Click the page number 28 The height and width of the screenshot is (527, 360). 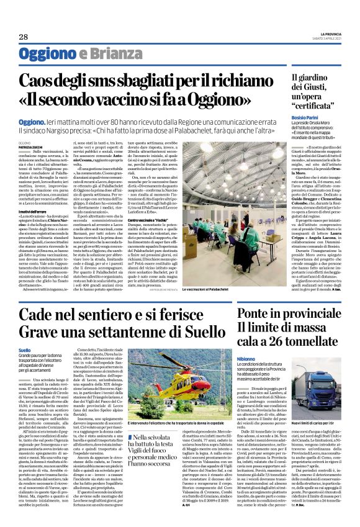[x=14, y=37]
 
